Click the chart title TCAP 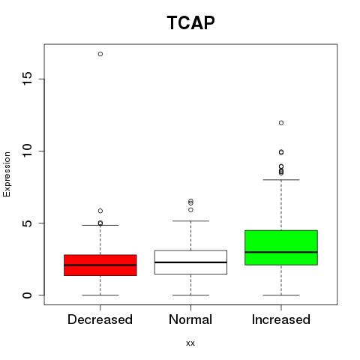click(190, 22)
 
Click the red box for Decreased click(100, 265)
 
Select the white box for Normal click(190, 262)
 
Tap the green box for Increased click(281, 247)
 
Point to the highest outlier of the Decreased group click(100, 54)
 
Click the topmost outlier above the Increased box click(281, 123)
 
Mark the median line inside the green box click(281, 252)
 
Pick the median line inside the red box click(100, 265)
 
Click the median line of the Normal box click(190, 262)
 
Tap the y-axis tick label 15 click(28, 79)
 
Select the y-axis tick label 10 click(28, 151)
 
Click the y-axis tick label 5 click(28, 223)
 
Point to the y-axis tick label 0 click(28, 295)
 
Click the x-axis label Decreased click(100, 319)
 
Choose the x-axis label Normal click(190, 319)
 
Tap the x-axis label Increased click(281, 319)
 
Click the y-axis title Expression click(7, 174)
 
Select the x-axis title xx click(190, 343)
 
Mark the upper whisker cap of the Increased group click(281, 179)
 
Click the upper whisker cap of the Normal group click(190, 221)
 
